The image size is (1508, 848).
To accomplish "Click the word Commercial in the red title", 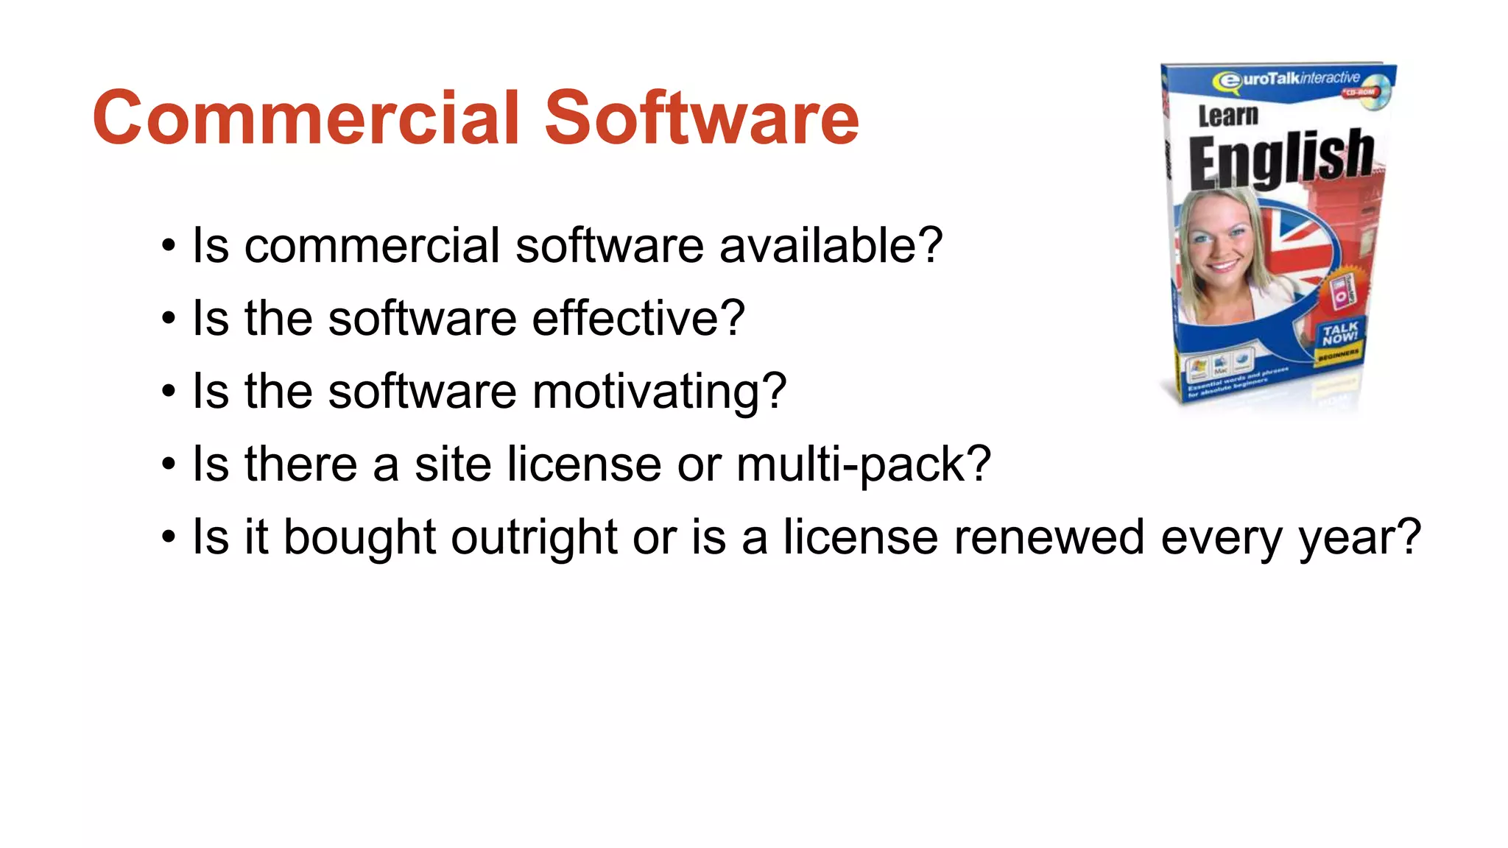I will coord(306,118).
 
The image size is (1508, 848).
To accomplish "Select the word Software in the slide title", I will coord(701,118).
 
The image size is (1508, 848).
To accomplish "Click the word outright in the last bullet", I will coord(534,537).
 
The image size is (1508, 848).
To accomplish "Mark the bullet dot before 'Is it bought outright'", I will coord(169,537).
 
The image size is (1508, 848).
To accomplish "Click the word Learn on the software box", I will coord(1227,116).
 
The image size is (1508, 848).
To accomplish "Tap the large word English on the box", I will coord(1281,158).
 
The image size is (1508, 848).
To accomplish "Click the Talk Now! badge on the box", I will coord(1339,333).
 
